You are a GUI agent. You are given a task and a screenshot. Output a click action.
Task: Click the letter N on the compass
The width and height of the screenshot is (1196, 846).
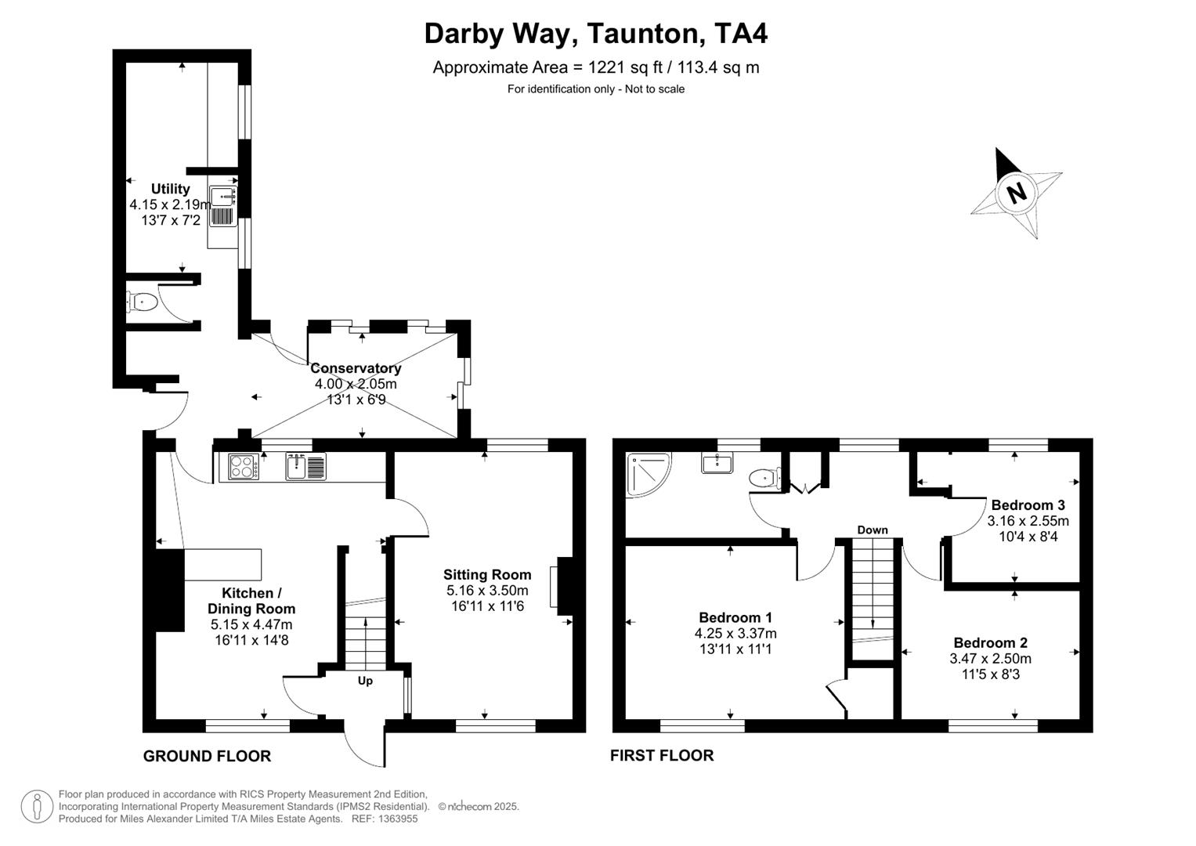point(1016,192)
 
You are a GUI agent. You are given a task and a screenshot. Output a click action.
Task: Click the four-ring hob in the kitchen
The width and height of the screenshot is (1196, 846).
point(244,467)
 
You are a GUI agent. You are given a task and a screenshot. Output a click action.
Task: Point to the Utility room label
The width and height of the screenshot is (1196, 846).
point(170,189)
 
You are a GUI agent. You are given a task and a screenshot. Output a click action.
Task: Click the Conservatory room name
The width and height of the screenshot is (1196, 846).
point(356,368)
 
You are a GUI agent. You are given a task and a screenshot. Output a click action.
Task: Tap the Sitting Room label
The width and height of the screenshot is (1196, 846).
point(487,575)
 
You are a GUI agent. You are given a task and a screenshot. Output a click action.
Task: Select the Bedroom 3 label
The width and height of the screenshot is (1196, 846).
point(1028,505)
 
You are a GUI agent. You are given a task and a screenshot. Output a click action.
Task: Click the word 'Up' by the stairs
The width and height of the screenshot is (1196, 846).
point(365,681)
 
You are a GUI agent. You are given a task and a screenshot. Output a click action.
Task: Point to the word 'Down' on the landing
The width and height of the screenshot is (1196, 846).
point(873,530)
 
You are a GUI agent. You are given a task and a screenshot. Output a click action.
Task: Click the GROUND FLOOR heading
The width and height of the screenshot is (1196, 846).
point(207,756)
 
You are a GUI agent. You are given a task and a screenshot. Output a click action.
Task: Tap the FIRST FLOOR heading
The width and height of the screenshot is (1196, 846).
point(662,755)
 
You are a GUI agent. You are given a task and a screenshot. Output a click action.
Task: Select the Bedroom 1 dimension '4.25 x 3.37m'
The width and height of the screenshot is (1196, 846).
point(735,634)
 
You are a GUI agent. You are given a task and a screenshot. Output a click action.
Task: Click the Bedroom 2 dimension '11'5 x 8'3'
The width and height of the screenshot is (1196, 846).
point(990,674)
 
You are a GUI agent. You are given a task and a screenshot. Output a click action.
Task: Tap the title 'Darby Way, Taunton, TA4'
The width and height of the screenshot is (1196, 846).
point(596,34)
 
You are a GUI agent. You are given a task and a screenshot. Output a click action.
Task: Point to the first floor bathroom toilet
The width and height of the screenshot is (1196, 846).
point(764,477)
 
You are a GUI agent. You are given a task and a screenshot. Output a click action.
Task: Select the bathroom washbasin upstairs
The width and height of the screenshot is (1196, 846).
point(717,463)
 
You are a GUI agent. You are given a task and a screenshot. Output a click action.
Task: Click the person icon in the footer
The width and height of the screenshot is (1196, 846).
point(37,806)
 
